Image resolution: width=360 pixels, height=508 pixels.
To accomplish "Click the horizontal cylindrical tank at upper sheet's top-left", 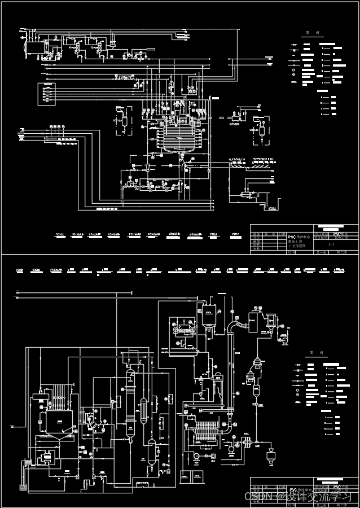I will coord(34,46).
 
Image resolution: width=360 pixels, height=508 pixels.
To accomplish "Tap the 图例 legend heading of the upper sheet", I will coord(313,33).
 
